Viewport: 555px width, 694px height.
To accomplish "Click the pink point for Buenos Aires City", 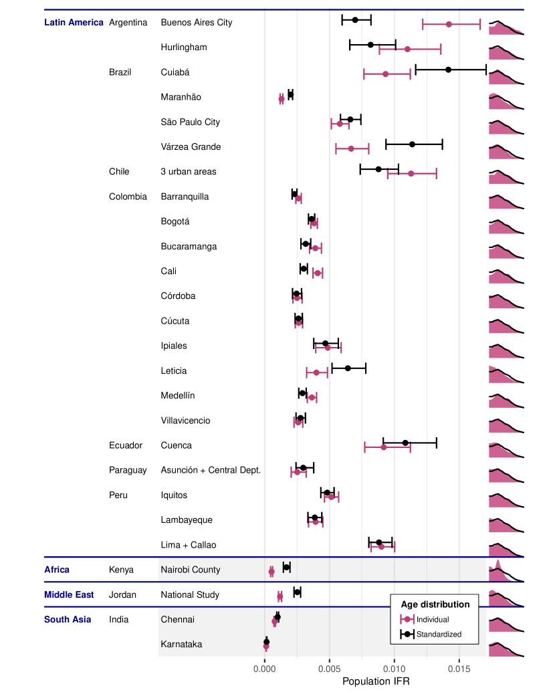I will pos(449,24).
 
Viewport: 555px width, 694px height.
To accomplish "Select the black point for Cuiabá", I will pos(448,70).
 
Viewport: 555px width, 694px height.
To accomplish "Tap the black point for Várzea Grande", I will pos(412,144).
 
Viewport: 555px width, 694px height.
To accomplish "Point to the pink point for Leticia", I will pos(316,372).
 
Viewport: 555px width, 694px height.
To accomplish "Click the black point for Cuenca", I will pos(405,443).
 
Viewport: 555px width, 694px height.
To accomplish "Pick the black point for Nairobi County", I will pos(286,567).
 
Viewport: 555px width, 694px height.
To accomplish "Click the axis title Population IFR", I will pos(376,681).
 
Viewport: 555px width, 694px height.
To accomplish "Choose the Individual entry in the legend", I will pos(433,620).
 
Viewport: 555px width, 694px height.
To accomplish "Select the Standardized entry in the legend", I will pos(439,634).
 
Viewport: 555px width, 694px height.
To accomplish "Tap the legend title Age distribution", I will pos(435,604).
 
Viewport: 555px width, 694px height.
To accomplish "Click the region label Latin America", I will pos(74,22).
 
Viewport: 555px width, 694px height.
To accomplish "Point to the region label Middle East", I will pos(69,594).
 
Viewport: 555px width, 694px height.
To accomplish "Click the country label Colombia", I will pos(128,197).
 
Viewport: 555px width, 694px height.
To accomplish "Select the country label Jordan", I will pos(122,594).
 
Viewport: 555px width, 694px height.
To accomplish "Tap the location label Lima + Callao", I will pos(189,545).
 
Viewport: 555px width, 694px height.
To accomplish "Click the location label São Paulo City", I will pos(191,122).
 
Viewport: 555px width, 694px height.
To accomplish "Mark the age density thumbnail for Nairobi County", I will pos(506,569).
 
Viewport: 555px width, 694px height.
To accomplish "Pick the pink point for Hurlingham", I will pos(407,49).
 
